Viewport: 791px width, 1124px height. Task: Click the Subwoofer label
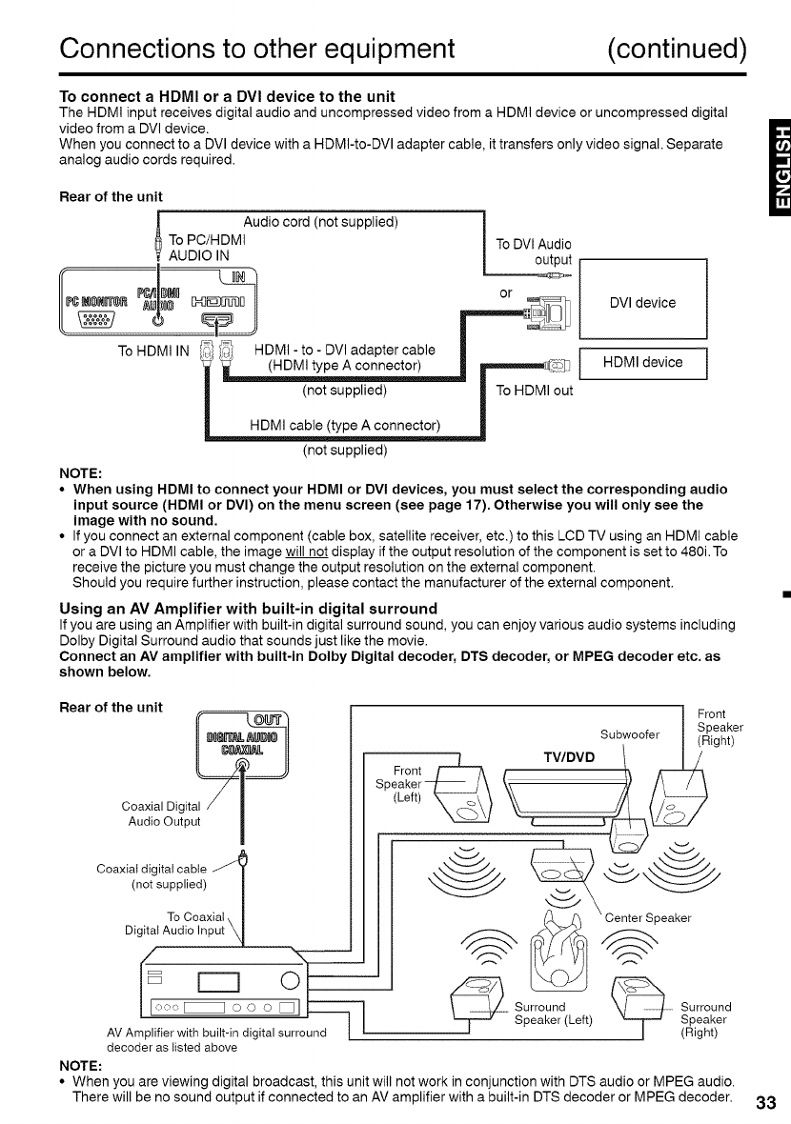click(631, 733)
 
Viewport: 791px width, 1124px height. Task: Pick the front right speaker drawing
click(681, 793)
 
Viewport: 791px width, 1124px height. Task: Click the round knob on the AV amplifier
click(291, 978)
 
